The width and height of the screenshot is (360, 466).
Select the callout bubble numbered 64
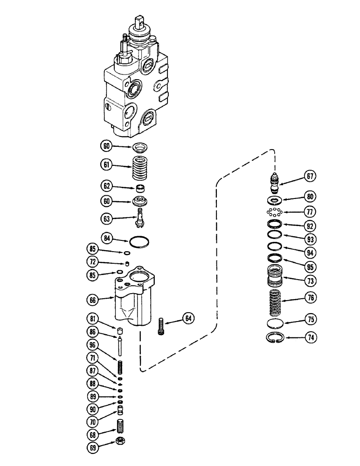tap(188, 319)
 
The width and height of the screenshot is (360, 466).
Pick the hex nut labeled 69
tap(120, 442)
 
